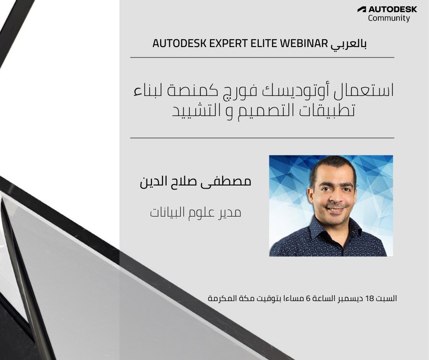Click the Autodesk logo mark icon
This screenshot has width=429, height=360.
point(361,9)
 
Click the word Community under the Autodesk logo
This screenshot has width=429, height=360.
point(389,18)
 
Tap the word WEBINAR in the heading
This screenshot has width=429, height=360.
point(303,44)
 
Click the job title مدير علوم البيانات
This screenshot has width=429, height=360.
point(195,212)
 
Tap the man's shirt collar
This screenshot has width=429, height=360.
point(319,228)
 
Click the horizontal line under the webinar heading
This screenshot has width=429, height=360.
point(262,58)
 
